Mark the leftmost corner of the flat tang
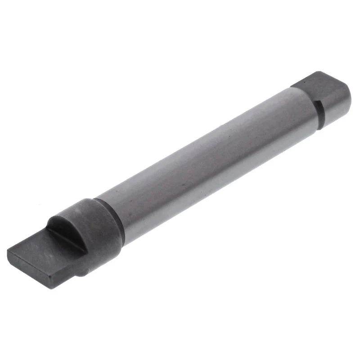pyautogui.click(x=8, y=252)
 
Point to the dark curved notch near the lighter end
pyautogui.click(x=320, y=112)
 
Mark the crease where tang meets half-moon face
pyautogui.click(x=67, y=238)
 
